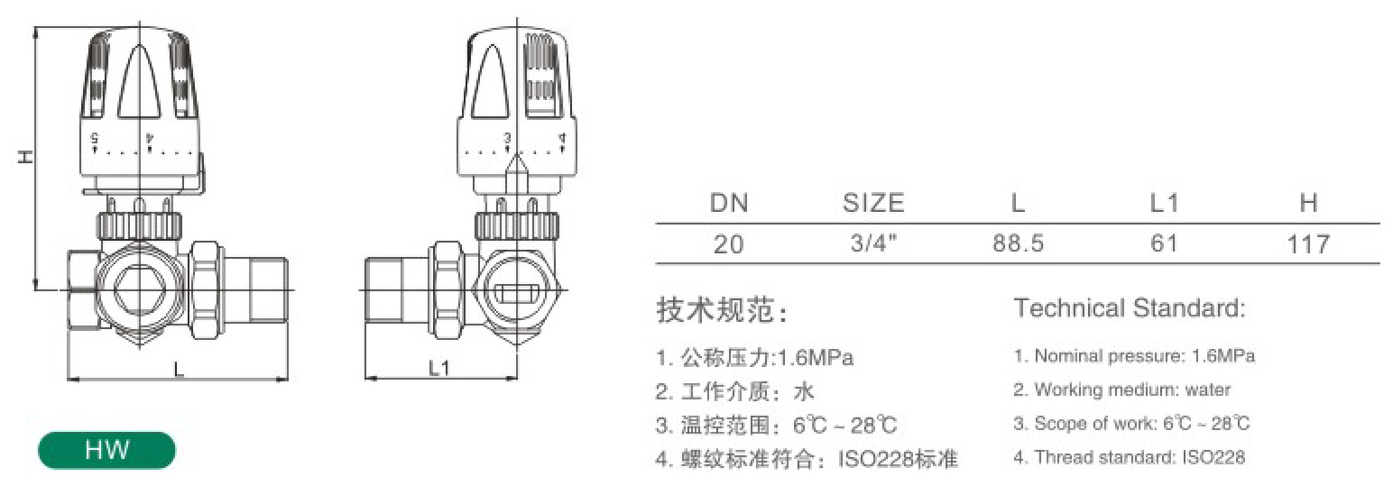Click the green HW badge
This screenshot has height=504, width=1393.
point(107,450)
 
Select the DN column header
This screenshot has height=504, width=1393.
point(729,203)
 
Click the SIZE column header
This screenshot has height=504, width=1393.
point(873,203)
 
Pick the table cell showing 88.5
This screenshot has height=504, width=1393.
point(1018,243)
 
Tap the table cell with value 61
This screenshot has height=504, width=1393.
point(1164,243)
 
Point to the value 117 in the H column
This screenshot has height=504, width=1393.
point(1308,244)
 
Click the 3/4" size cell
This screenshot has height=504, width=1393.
point(873,243)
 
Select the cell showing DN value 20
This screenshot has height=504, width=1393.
point(728,243)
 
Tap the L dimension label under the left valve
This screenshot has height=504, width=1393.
point(180,371)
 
